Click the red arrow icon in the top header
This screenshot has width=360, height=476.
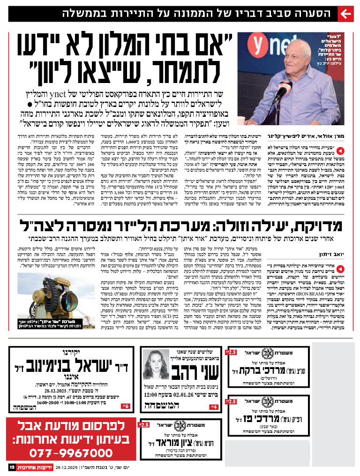tap(345, 14)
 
